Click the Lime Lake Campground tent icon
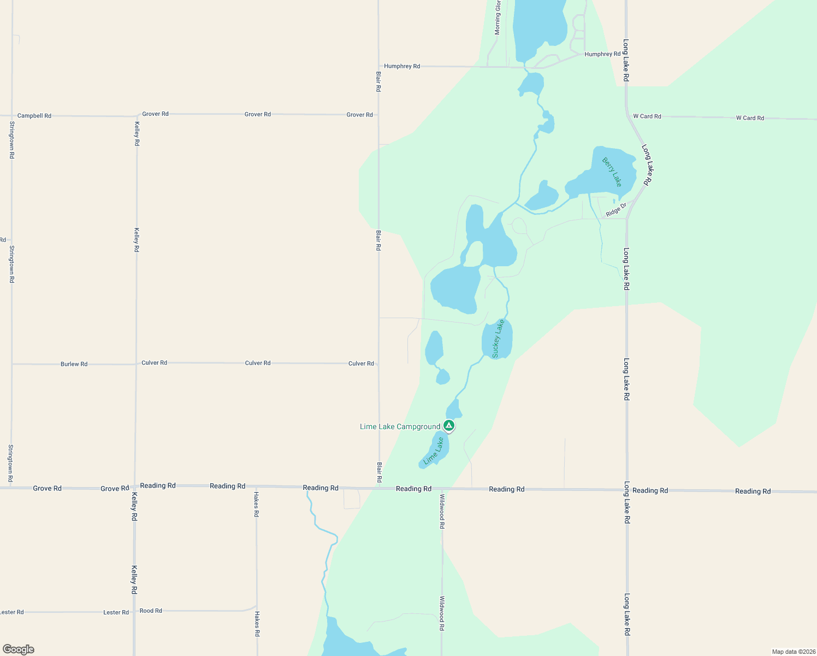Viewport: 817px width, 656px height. pos(449,425)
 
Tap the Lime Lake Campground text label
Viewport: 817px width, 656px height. pos(400,427)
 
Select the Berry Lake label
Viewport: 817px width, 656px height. pos(612,172)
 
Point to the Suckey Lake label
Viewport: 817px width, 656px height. pos(498,339)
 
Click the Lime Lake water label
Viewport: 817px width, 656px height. pos(434,452)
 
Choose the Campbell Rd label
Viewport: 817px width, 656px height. pos(34,116)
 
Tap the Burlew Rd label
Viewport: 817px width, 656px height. pos(74,364)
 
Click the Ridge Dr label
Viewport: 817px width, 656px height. pos(616,210)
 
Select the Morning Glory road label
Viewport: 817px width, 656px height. pos(498,17)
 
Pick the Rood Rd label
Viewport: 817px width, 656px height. pos(151,611)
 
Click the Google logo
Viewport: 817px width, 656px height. pos(19,649)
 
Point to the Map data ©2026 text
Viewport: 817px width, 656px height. pos(792,652)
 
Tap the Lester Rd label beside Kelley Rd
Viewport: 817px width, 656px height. pos(116,612)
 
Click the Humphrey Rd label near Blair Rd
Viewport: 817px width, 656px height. pos(402,66)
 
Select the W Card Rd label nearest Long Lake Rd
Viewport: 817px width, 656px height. pos(647,116)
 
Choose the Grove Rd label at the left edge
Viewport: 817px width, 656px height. pos(47,488)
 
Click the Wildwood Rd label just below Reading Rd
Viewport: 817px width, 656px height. pos(442,511)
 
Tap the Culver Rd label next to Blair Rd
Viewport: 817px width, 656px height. pos(361,364)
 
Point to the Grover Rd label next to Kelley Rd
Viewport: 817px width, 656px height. pos(155,114)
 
